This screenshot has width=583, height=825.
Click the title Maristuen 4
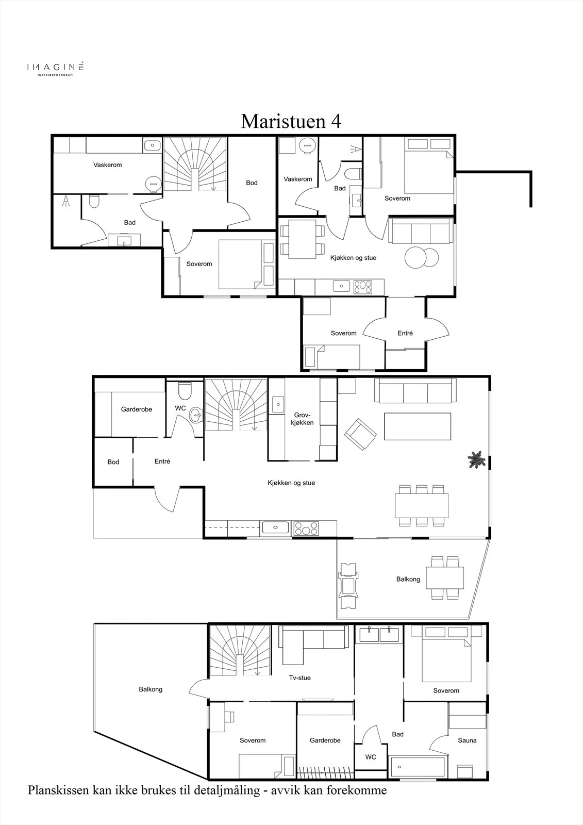tap(291, 121)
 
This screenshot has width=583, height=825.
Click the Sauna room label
tap(467, 740)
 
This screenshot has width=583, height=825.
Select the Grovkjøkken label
tap(302, 419)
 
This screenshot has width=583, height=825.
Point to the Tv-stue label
tap(300, 678)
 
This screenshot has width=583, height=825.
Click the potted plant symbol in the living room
tap(476, 459)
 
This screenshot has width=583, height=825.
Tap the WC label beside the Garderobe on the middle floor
tap(180, 408)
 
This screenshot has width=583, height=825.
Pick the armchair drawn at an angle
tap(360, 434)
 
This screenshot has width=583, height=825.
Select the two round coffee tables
tap(422, 257)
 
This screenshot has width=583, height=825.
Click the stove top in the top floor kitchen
tap(363, 287)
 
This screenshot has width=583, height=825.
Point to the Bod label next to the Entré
tap(113, 462)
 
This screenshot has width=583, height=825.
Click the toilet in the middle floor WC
tap(184, 391)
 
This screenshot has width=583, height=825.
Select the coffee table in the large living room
tap(418, 426)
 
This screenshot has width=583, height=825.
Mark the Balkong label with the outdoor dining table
tap(408, 579)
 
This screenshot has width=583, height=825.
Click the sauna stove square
tap(465, 771)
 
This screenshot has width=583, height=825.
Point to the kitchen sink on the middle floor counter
tap(276, 527)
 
